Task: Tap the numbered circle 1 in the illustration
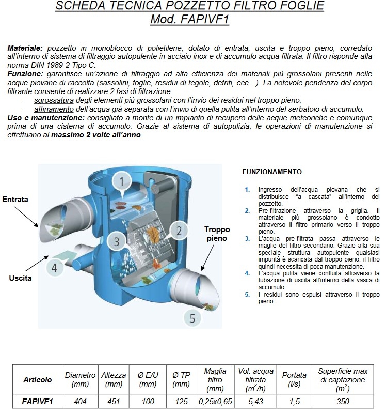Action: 121,181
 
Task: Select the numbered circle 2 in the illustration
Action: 179,230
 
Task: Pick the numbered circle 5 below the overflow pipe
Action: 192,318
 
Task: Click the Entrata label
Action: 15,200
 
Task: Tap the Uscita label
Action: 20,278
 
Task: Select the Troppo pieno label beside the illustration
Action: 217,234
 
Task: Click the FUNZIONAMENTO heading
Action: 272,172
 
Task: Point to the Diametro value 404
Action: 80,401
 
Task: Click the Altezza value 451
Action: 114,401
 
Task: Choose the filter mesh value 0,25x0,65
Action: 215,401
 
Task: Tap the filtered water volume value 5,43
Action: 255,401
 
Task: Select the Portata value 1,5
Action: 294,401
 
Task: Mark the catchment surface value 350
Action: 343,401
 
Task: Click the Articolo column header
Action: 38,379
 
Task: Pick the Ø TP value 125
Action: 181,401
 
